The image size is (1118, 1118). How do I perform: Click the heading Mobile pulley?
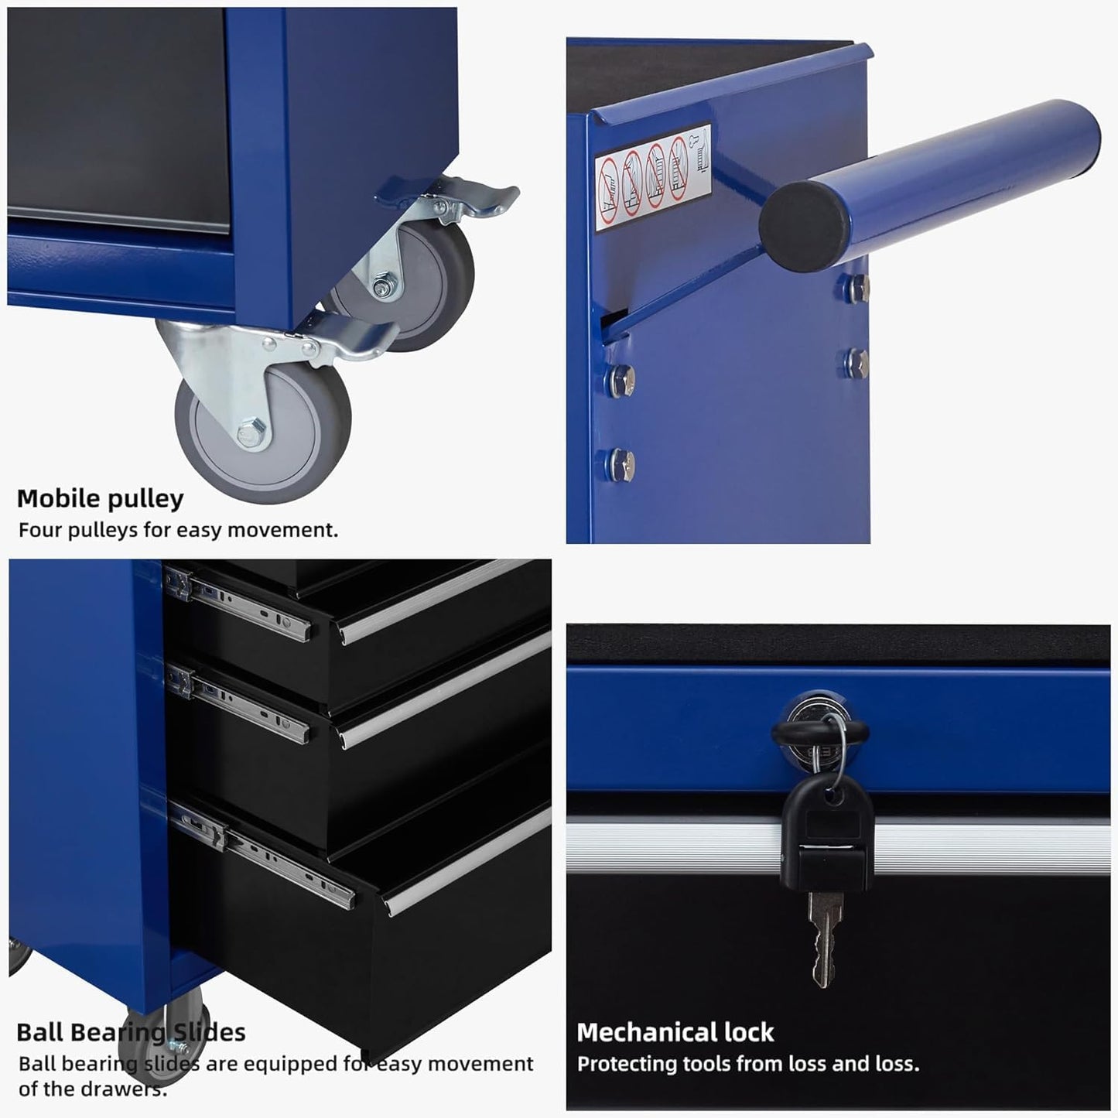tap(100, 499)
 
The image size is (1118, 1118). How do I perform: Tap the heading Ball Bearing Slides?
tap(131, 1032)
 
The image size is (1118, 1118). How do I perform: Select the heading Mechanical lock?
tap(675, 1032)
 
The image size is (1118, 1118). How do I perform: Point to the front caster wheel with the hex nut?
tap(263, 433)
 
